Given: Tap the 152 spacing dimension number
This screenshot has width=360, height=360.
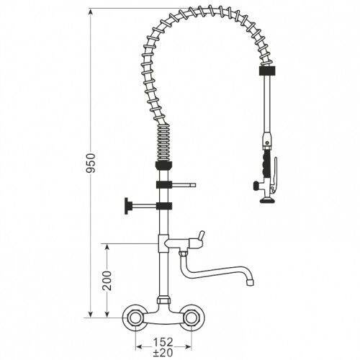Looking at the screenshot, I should point(163,343).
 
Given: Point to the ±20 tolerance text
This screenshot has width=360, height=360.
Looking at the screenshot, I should point(163,353).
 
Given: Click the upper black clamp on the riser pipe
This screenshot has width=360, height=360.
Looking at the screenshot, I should point(164,186).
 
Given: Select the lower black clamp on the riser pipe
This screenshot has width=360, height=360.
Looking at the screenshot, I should point(164,207).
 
